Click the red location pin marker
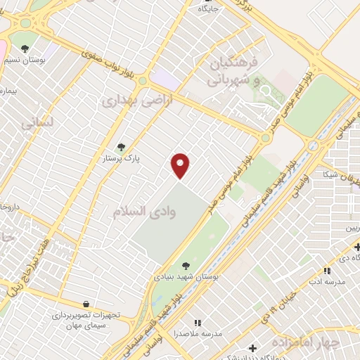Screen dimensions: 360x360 click(x=181, y=165)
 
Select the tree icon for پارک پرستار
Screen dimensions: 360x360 click(x=121, y=147)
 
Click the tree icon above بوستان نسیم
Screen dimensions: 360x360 click(x=25, y=49)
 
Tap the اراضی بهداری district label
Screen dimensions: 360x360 click(x=128, y=100)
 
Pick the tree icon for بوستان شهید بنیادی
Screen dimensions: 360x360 click(x=186, y=265)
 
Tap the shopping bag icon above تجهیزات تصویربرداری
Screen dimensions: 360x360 click(x=86, y=304)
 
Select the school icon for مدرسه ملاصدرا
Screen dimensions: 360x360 click(x=198, y=322)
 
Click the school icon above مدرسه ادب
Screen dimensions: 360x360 click(x=326, y=270)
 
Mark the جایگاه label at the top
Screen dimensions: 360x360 click(x=209, y=10)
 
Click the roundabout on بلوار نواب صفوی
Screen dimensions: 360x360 click(x=143, y=81)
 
